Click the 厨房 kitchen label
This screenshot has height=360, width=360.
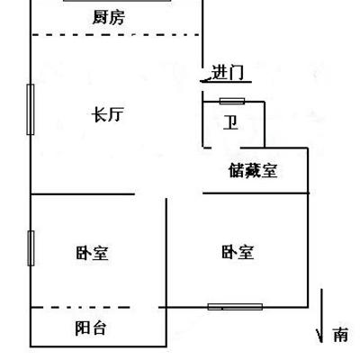coord(108,18)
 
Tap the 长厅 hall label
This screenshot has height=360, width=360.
coord(107,114)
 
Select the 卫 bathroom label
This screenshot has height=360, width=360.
coord(230,123)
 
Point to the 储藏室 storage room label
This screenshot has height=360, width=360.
coord(253,170)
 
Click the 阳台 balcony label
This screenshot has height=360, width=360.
coord(90,328)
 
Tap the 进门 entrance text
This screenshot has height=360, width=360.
coord(228,73)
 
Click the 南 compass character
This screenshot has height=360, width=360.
coord(340,335)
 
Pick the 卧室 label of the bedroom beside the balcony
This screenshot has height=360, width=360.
coord(92,253)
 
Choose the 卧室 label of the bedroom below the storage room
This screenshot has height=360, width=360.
coord(238,252)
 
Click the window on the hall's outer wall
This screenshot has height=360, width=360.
coord(31,110)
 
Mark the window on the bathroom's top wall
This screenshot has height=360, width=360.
coord(232,101)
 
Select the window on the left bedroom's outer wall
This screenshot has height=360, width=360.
coord(31,248)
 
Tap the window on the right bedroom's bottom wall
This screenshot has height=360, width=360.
coord(235,307)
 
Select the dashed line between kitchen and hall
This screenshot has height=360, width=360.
coord(116,35)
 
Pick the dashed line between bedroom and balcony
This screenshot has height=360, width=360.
coord(80,307)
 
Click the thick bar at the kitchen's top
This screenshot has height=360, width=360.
coord(118,1)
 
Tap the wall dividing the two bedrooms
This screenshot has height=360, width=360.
coord(166,253)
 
